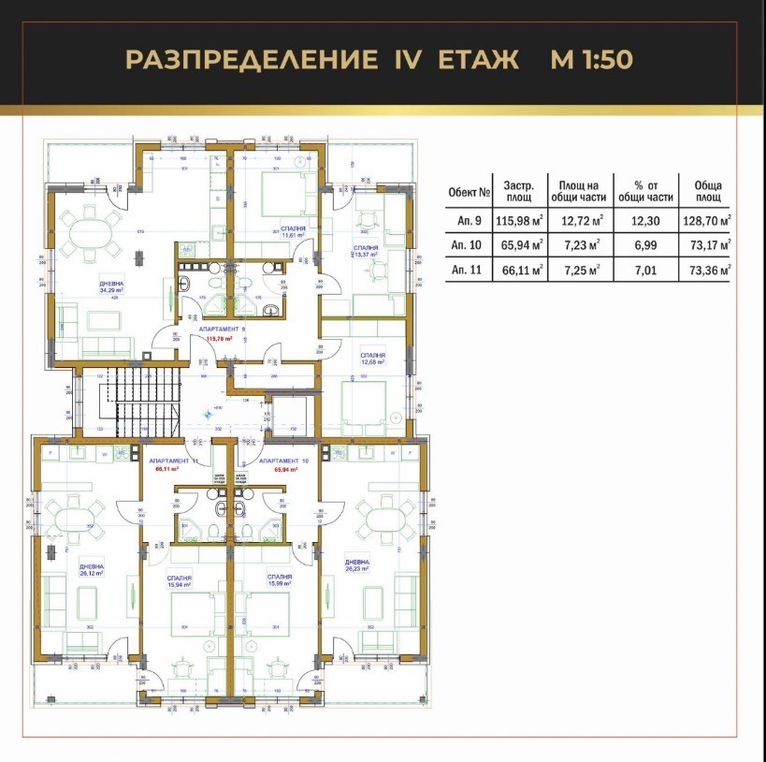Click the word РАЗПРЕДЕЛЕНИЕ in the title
(246, 60)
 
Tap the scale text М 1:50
(592, 60)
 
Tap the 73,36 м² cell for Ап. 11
(704, 271)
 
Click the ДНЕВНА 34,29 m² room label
(114, 287)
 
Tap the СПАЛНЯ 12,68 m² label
(372, 359)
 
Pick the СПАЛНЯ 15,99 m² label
(279, 581)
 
